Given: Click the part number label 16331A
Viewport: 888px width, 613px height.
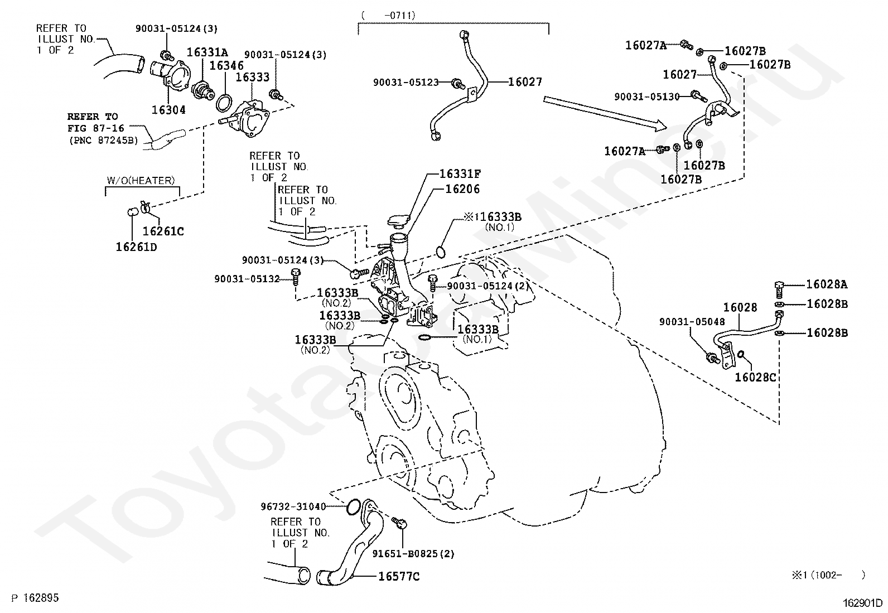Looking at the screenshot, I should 207,52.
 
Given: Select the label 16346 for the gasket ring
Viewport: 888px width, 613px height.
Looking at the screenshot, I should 226,65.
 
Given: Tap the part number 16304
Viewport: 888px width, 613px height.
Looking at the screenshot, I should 168,110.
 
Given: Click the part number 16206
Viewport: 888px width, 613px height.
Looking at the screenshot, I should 462,189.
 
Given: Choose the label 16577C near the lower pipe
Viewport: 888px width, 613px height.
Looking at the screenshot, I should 399,577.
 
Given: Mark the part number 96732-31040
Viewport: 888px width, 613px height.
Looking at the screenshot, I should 293,506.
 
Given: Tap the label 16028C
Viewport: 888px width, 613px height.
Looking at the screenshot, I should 755,378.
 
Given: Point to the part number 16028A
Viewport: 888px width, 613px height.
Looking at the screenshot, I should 827,284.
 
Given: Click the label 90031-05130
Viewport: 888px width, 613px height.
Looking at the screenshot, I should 647,97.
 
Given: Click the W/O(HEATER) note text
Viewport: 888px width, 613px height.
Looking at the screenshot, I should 141,180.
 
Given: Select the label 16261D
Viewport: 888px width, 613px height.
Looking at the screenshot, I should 136,247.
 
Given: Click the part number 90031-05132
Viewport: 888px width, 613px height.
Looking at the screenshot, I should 247,278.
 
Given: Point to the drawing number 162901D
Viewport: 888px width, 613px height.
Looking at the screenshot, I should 863,603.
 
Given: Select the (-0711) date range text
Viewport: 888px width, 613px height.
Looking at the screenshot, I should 388,16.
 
